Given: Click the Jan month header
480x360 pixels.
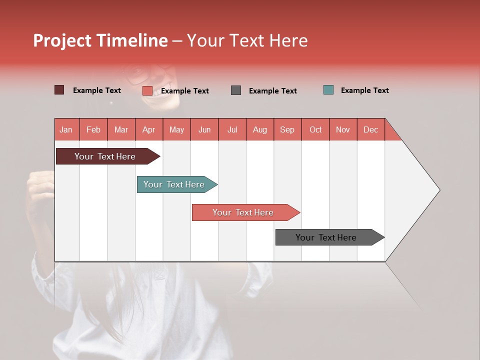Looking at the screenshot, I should (66, 129).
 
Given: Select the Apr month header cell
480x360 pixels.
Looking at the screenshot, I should (149, 129).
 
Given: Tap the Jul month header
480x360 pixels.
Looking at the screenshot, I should (232, 129).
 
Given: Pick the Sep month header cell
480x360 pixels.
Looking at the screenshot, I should (287, 129).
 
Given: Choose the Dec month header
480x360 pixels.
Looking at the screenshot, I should (370, 129).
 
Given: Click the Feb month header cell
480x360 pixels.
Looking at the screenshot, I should (93, 129).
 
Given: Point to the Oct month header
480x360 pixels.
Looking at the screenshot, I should (315, 129).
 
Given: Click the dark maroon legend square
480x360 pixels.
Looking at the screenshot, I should (59, 90).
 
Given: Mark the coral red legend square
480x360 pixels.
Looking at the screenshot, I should (147, 90).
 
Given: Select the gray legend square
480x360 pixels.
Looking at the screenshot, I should (236, 90).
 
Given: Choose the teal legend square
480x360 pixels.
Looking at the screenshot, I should (328, 90).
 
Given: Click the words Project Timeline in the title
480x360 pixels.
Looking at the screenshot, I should (100, 40).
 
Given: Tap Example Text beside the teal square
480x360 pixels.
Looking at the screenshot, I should (364, 90).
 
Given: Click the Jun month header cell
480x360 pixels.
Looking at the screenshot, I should (204, 129).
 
